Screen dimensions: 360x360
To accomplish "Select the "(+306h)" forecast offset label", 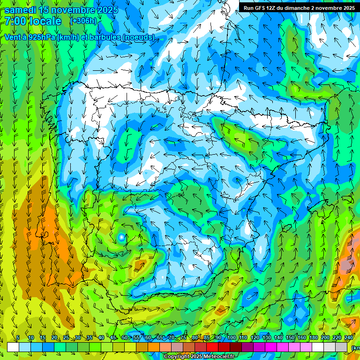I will (83, 21).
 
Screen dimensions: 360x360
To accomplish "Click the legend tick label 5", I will (18, 338).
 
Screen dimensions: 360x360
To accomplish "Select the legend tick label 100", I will (231, 338).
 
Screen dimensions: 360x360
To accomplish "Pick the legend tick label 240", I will (349, 338).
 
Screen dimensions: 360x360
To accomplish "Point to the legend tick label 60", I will (148, 338).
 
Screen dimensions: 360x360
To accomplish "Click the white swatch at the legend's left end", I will (13, 347).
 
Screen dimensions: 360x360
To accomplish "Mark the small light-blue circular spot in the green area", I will (122, 238).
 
